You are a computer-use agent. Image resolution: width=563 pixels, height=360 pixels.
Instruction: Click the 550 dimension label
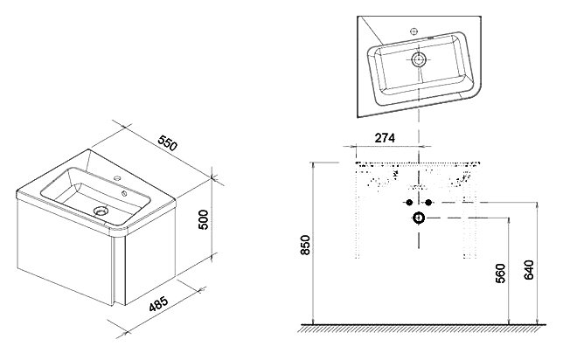click(x=168, y=142)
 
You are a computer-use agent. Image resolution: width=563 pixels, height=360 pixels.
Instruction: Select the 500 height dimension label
click(x=203, y=219)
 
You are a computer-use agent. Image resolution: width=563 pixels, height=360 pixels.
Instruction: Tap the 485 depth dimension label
click(x=158, y=304)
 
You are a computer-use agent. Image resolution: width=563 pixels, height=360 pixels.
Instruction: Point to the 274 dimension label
click(x=385, y=138)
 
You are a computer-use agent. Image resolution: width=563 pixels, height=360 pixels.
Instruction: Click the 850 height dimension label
click(x=305, y=245)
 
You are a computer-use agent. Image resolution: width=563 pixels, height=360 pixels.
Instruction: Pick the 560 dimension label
click(x=500, y=273)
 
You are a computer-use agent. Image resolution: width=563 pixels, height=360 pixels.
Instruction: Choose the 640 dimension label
click(x=529, y=269)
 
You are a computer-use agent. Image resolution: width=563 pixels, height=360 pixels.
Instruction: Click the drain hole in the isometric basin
click(x=101, y=211)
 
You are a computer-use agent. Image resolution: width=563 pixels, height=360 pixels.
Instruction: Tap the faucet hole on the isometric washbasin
click(x=116, y=177)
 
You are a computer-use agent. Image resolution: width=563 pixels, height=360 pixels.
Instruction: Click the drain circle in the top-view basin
click(x=419, y=59)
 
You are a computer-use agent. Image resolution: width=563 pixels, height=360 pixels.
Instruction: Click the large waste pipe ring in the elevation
click(x=419, y=218)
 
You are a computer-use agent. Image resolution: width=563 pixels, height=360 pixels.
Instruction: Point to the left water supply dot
click(x=409, y=203)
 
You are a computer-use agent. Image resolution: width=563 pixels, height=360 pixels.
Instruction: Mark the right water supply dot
click(x=428, y=203)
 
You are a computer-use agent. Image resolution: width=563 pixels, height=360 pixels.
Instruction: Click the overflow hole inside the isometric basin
click(x=124, y=194)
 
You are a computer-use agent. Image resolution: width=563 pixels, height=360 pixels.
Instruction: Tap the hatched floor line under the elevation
click(x=422, y=328)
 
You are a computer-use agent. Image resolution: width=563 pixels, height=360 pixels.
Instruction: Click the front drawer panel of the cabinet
click(x=65, y=252)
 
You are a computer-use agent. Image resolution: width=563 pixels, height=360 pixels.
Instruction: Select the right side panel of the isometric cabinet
click(x=150, y=255)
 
